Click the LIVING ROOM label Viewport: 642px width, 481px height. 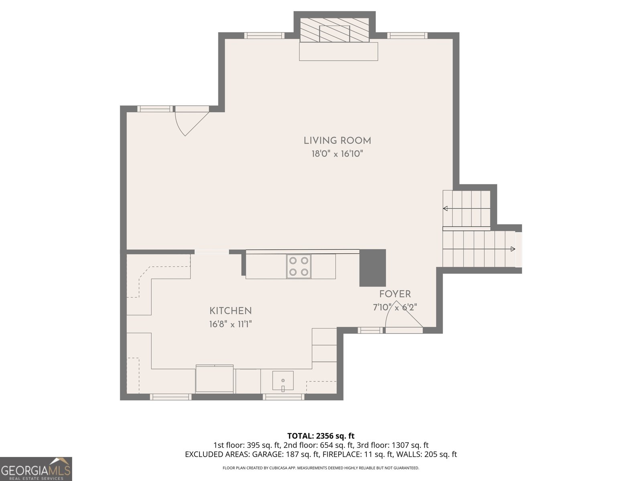click(x=337, y=141)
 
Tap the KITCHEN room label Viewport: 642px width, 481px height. click(x=230, y=311)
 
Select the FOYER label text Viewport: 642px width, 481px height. click(x=395, y=294)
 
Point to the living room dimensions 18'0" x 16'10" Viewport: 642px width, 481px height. click(x=337, y=154)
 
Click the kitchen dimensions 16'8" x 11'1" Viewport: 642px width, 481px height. click(x=230, y=324)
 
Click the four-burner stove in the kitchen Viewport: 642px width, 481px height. click(x=299, y=266)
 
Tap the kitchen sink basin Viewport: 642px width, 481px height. click(x=283, y=380)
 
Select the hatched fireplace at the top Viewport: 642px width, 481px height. click(x=335, y=30)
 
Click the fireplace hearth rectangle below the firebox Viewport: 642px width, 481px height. click(x=338, y=51)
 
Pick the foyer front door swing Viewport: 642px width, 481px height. click(x=404, y=317)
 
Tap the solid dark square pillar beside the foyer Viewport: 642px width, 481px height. click(x=373, y=268)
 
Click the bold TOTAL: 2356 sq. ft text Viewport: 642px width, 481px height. click(x=321, y=436)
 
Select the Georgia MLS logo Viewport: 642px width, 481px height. click(x=36, y=469)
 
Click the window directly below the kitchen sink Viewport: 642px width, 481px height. click(x=283, y=397)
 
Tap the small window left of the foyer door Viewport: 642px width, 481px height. click(x=370, y=330)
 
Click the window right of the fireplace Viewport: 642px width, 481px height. click(x=407, y=36)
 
